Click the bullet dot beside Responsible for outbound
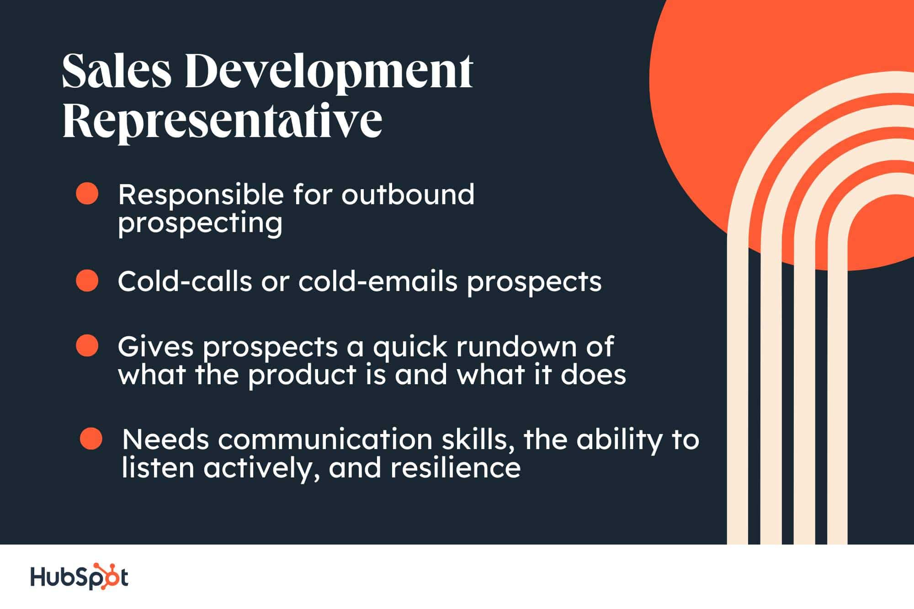click(87, 194)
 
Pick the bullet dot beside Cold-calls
click(87, 280)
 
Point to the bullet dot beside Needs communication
click(91, 438)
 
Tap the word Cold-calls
click(185, 281)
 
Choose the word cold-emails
click(378, 281)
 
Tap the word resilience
click(456, 468)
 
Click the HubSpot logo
click(79, 577)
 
